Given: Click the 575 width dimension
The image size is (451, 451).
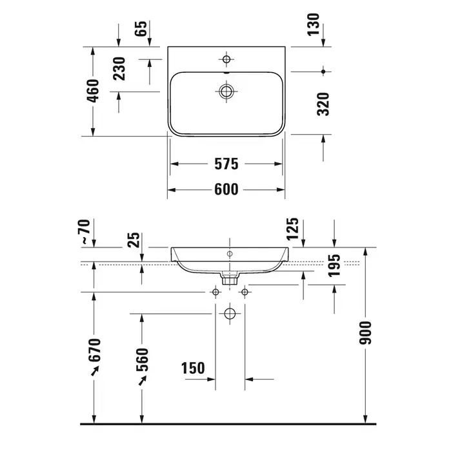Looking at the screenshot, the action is coord(226,164).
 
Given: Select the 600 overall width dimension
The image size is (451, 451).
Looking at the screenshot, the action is coord(226,189).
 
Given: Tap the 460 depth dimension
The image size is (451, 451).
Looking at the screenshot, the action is coord(93,91).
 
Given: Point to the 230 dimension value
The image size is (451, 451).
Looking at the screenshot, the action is coord(119,69).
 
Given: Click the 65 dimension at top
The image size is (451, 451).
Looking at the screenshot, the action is coord(141,28).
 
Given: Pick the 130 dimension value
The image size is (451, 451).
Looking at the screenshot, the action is coord(314,24).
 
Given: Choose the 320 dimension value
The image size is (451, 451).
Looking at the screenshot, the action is coord(323,104).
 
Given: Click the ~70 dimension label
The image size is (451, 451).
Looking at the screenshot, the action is coord(85,231).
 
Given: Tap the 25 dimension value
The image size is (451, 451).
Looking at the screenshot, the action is coord(134,240).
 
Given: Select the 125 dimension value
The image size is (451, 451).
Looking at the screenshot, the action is coord(293,229).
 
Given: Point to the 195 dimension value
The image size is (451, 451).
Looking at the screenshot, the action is coord(334,265).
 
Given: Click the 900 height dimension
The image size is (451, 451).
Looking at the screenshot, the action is coord(365,333).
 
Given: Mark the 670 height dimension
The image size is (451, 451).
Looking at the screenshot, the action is coord(95,350).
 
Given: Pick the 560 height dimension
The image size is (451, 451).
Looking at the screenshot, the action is coord(143,360).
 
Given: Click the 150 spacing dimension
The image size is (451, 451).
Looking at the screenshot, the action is coord(193,368).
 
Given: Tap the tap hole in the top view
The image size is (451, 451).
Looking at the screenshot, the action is coord(226,59).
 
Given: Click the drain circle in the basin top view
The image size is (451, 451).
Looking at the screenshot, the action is coord(226,91).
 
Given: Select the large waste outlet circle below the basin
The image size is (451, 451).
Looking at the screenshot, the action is coord(230,314).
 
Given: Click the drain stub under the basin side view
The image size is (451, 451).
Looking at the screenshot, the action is coord(230,278).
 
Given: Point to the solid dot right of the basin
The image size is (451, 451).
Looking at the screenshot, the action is coord(323,72).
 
